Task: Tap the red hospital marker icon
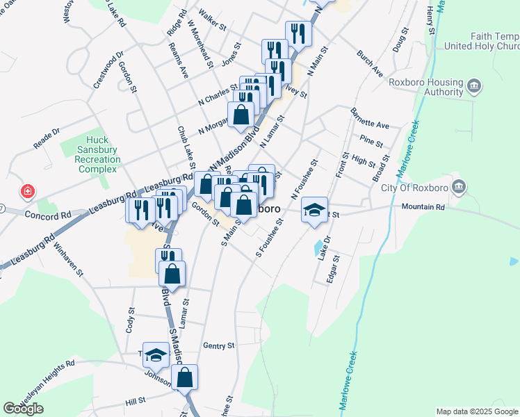click(x=27, y=190)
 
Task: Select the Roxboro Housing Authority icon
click(x=474, y=86)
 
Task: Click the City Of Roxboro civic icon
click(x=458, y=186)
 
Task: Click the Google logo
click(x=23, y=408)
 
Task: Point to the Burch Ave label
click(x=368, y=63)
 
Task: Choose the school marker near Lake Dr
click(x=314, y=209)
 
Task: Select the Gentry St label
click(x=216, y=345)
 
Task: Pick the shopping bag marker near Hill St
click(x=185, y=377)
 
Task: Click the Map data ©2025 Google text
click(x=478, y=411)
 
